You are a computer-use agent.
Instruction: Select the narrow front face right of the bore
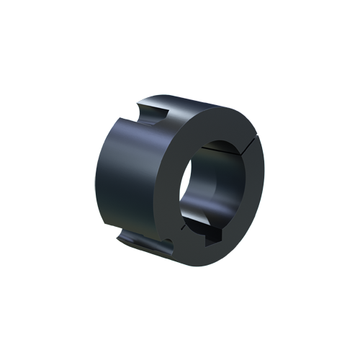[252, 187]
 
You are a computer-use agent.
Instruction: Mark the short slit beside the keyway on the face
[186, 228]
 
